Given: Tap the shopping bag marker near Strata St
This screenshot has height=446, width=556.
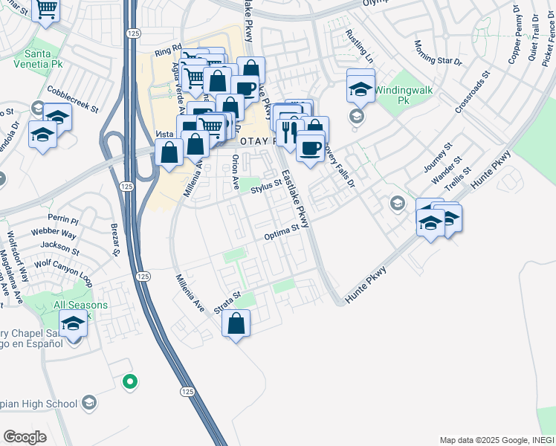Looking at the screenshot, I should pos(236,324).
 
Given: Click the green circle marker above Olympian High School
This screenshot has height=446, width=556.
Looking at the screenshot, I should pos(130,382).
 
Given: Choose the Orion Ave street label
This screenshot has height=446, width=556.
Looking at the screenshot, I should pos(234,172).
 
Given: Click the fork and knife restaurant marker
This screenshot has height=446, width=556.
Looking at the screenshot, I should pos(291,132).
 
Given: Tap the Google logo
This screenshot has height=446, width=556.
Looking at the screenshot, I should pos(25,437).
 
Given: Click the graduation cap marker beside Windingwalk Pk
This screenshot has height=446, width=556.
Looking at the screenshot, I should pos(361,88).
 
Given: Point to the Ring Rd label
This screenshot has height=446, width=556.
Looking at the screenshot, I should pos(168,52).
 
